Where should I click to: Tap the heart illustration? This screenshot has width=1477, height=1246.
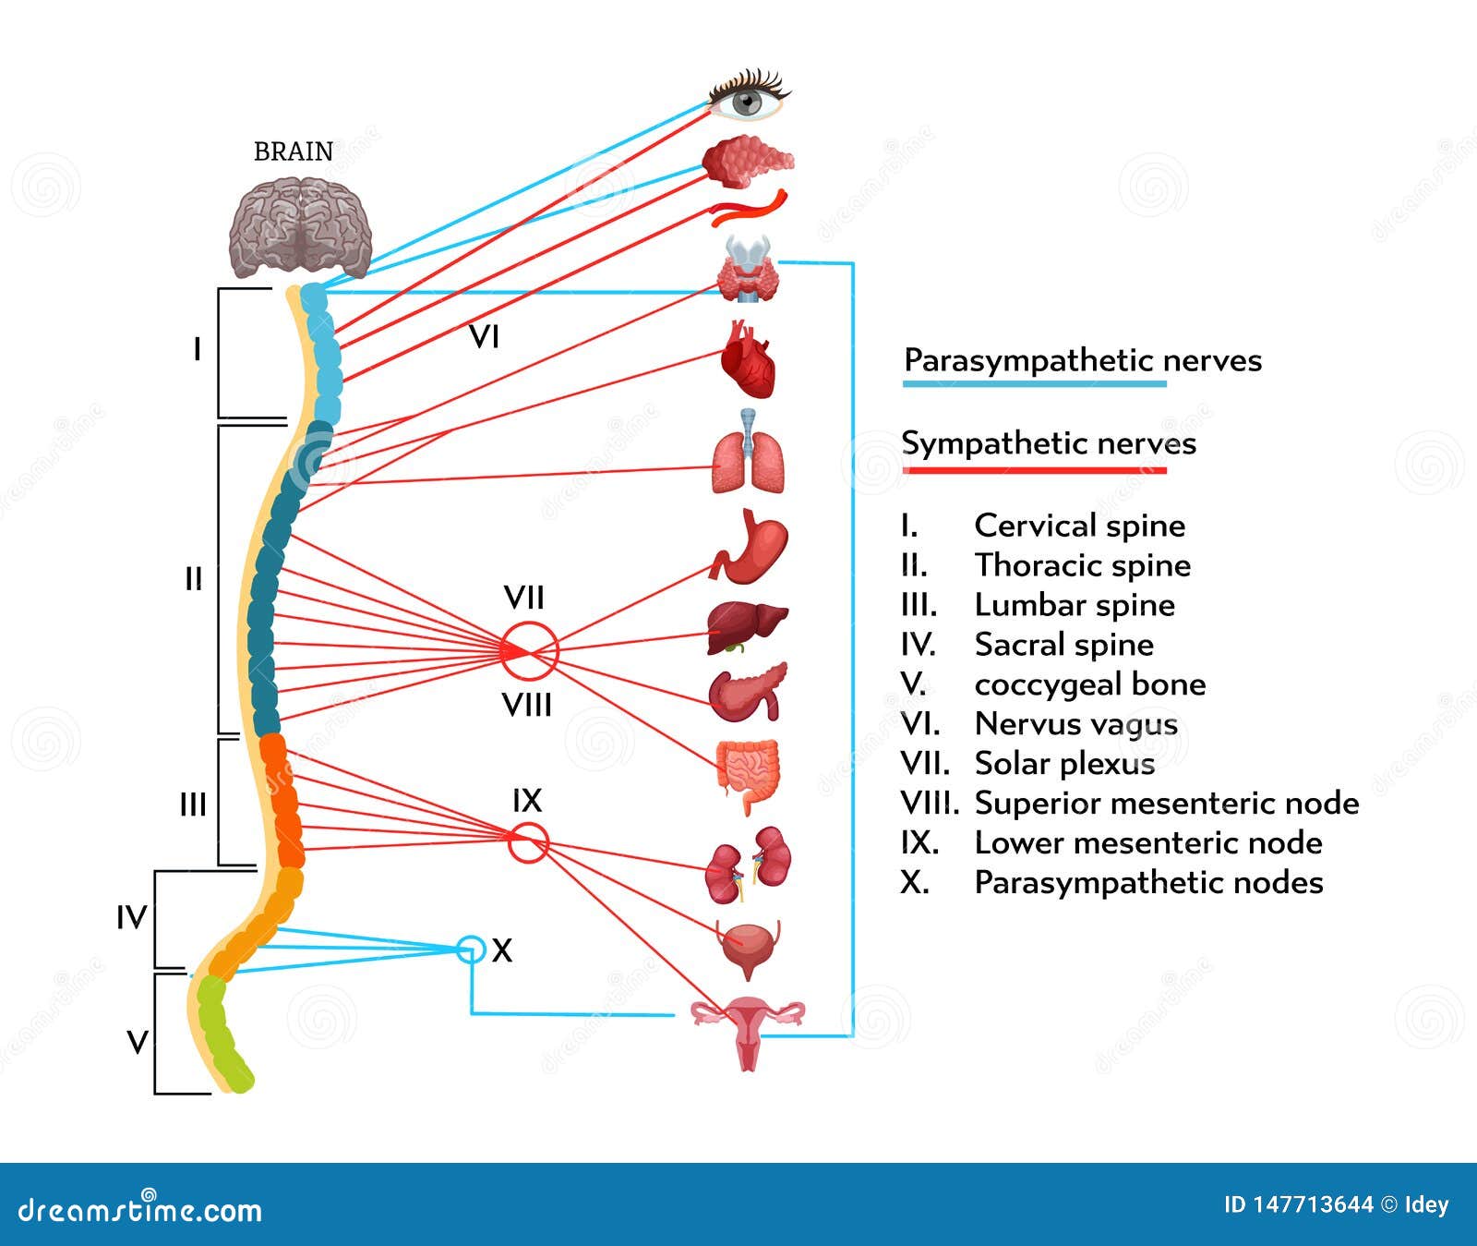point(748,359)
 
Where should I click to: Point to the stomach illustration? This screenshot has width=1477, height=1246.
point(750,547)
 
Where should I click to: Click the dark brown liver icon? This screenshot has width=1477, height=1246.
point(747,627)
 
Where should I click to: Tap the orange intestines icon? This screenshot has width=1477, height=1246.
point(748,774)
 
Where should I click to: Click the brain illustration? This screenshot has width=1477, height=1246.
point(301,227)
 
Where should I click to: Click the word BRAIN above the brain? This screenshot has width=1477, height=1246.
point(294,151)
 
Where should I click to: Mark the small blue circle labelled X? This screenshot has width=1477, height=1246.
point(471,949)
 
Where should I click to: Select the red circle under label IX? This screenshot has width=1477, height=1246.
point(529,843)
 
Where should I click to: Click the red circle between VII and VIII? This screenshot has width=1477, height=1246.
point(530,651)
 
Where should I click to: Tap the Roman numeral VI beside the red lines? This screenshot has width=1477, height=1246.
point(485,337)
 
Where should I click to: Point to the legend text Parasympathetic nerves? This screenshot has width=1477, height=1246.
point(1083,360)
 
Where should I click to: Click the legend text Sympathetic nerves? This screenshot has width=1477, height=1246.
point(1049,443)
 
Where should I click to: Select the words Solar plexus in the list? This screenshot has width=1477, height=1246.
point(1064,764)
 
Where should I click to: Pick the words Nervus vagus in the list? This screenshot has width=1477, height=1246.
point(1076,724)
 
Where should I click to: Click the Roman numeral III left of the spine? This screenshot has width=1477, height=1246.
point(193,805)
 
